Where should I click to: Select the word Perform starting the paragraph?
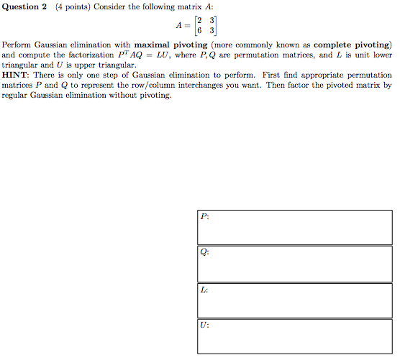click(x=17, y=45)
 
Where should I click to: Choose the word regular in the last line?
click(x=16, y=95)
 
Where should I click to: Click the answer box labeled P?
click(x=295, y=227)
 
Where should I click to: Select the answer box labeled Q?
click(x=295, y=264)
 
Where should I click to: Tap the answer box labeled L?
click(x=295, y=300)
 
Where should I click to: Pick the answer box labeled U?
click(x=295, y=336)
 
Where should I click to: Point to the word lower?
click(x=381, y=55)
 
